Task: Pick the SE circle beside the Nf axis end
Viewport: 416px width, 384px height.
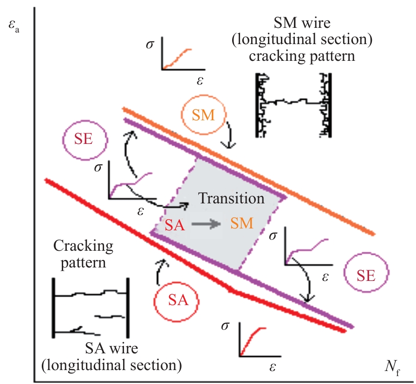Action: click(x=366, y=276)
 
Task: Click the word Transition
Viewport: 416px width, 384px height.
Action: click(x=231, y=199)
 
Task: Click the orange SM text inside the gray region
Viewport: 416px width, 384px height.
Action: click(x=242, y=223)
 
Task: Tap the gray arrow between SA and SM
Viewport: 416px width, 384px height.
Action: click(x=207, y=224)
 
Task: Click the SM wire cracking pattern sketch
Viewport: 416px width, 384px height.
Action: click(x=294, y=104)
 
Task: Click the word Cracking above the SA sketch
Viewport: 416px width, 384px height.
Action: click(x=84, y=246)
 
